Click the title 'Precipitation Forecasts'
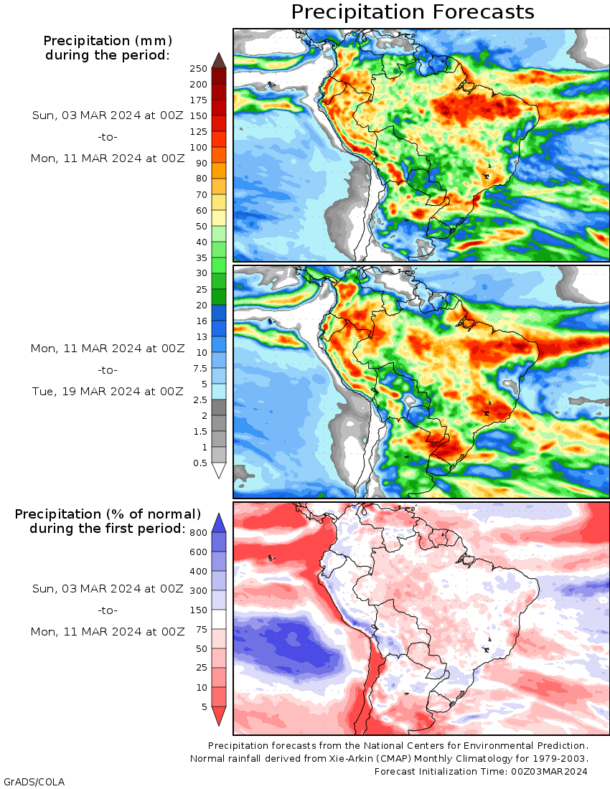[412, 12]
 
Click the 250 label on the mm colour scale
[198, 69]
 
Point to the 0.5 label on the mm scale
[200, 463]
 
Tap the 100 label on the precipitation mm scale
[198, 148]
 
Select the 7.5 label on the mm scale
[200, 369]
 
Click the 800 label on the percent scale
[198, 533]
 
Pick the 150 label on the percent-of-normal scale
[198, 610]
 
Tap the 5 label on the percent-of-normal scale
[205, 707]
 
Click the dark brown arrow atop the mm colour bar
[219, 60]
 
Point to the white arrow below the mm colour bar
[219, 470]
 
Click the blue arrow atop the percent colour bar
[219, 524]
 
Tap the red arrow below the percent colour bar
[219, 716]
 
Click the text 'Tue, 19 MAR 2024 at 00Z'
[108, 392]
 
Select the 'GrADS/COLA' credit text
[34, 782]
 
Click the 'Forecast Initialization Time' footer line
[481, 771]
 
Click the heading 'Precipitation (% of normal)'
[108, 514]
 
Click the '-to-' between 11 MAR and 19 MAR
[108, 370]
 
